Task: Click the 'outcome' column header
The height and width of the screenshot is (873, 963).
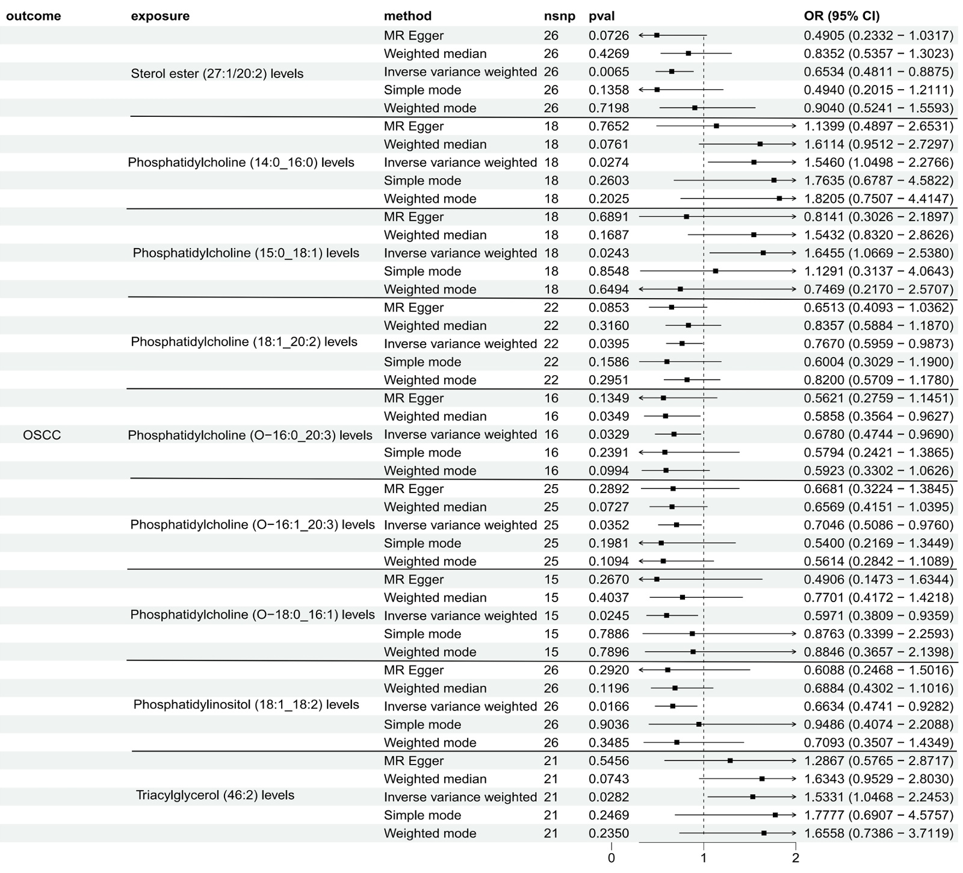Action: tap(33, 16)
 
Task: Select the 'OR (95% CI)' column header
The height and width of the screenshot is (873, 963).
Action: tap(841, 16)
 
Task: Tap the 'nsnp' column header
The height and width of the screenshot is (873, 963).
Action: tap(559, 16)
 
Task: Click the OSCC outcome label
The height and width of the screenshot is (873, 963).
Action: tap(42, 435)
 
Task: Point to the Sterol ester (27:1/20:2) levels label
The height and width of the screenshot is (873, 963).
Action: tap(217, 73)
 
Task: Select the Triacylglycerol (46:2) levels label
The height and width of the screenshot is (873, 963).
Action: tap(215, 795)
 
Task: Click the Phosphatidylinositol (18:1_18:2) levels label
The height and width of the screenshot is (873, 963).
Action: tap(246, 704)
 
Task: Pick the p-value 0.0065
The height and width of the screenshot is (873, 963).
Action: tap(608, 72)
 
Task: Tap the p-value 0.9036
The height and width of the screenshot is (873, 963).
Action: tap(608, 725)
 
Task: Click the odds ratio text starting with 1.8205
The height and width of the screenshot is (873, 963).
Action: tap(879, 199)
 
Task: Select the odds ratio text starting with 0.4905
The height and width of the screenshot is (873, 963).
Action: tap(879, 36)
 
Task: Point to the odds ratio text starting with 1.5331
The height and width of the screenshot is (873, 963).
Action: tap(879, 797)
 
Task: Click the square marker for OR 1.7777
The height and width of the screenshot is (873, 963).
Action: tap(775, 815)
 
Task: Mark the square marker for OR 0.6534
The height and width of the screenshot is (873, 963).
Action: tap(672, 72)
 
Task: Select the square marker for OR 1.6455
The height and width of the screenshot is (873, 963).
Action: tap(763, 253)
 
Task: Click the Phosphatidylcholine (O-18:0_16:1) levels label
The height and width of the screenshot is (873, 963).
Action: tap(252, 615)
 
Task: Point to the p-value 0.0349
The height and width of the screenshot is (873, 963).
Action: tap(608, 417)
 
